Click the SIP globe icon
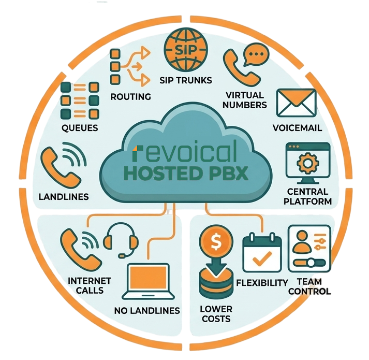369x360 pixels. pyautogui.click(x=186, y=50)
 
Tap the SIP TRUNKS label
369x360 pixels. pyautogui.click(x=186, y=81)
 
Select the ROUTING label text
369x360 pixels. pyautogui.click(x=131, y=97)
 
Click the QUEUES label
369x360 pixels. pyautogui.click(x=80, y=128)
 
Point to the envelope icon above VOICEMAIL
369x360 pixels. pyautogui.click(x=296, y=103)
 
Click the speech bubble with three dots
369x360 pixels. pyautogui.click(x=256, y=54)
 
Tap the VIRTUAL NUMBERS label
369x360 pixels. pyautogui.click(x=245, y=100)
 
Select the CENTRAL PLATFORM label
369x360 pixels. pyautogui.click(x=307, y=197)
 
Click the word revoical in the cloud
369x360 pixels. pyautogui.click(x=185, y=151)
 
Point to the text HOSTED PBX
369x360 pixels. pyautogui.click(x=186, y=174)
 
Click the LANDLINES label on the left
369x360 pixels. pyautogui.click(x=64, y=197)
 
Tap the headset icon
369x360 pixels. pyautogui.click(x=121, y=240)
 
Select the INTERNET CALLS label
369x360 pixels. pyautogui.click(x=90, y=285)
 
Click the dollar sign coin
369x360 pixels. pyautogui.click(x=216, y=241)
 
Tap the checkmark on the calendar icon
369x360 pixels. pyautogui.click(x=262, y=258)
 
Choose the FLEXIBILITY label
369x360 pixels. pyautogui.click(x=262, y=283)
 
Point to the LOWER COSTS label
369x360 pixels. pyautogui.click(x=216, y=314)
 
